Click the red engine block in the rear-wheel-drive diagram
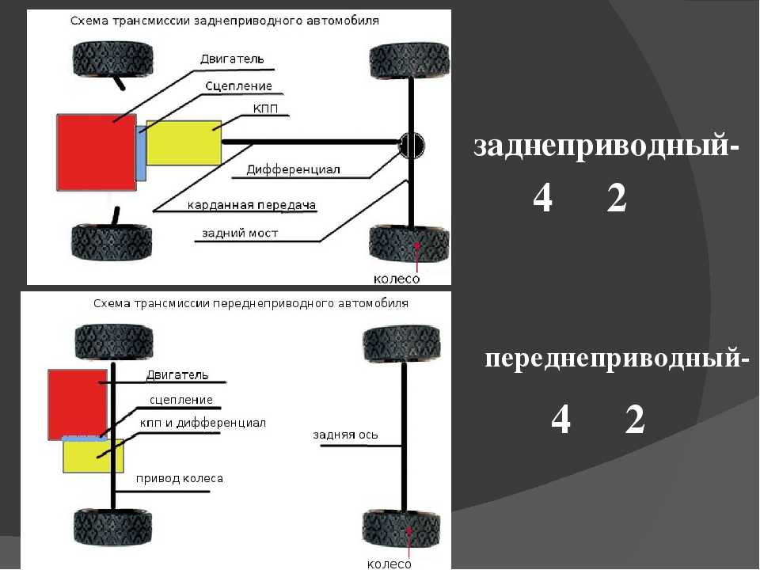(96, 151)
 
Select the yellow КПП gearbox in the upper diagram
(184, 142)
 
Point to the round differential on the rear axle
(411, 144)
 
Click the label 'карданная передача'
(251, 206)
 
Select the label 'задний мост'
(240, 233)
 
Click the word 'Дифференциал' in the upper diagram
(293, 169)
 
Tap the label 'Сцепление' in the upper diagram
(238, 85)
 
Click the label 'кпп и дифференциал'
(203, 424)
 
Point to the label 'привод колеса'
(179, 478)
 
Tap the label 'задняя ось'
(346, 435)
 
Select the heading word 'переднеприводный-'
(617, 359)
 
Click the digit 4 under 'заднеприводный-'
(542, 199)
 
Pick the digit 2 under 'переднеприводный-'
(634, 420)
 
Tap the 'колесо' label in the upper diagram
(397, 279)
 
